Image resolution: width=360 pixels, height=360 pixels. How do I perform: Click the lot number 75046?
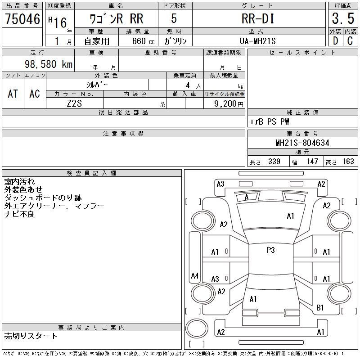(x=22, y=19)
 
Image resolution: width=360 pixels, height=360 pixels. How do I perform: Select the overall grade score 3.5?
(x=342, y=19)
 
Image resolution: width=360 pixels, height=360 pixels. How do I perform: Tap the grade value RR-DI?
(x=258, y=19)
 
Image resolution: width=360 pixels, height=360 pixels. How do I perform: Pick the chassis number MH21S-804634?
(x=302, y=143)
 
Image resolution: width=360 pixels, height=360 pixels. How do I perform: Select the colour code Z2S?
(x=75, y=103)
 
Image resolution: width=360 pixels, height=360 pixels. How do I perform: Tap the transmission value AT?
(x=13, y=94)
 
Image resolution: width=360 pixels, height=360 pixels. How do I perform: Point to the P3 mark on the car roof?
(x=270, y=250)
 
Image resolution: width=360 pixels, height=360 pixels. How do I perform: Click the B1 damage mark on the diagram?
(x=320, y=308)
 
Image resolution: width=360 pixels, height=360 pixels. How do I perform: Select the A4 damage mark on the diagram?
(x=195, y=276)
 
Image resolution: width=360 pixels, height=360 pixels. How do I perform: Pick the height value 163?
(x=348, y=162)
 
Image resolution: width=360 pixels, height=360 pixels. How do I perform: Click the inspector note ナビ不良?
(x=19, y=214)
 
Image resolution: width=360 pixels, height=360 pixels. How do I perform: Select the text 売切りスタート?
(x=31, y=336)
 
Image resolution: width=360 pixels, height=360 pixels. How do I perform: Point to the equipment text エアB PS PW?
(x=270, y=121)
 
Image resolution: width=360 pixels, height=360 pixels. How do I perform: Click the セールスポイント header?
(x=302, y=53)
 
